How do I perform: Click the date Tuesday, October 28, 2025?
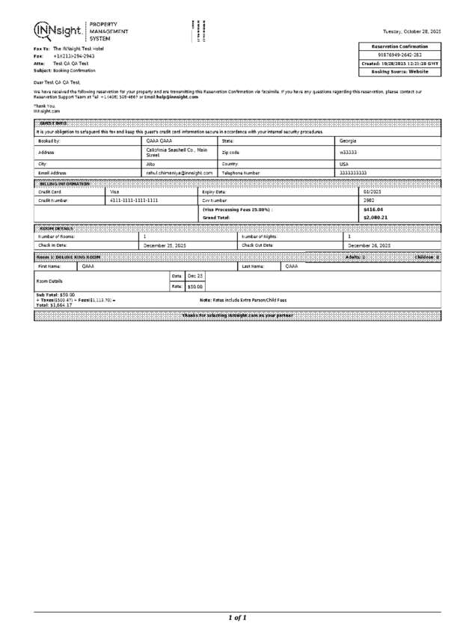(411, 31)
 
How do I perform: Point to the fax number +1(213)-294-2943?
(73, 56)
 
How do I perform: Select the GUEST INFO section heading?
(54, 123)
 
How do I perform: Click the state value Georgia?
(348, 141)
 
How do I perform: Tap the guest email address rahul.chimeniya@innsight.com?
(180, 173)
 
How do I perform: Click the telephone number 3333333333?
(353, 173)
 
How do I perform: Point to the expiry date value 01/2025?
(373, 191)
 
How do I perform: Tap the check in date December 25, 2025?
(165, 245)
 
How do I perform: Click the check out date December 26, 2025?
(370, 245)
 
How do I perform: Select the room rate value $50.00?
(194, 286)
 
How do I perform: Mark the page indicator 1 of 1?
(237, 618)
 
